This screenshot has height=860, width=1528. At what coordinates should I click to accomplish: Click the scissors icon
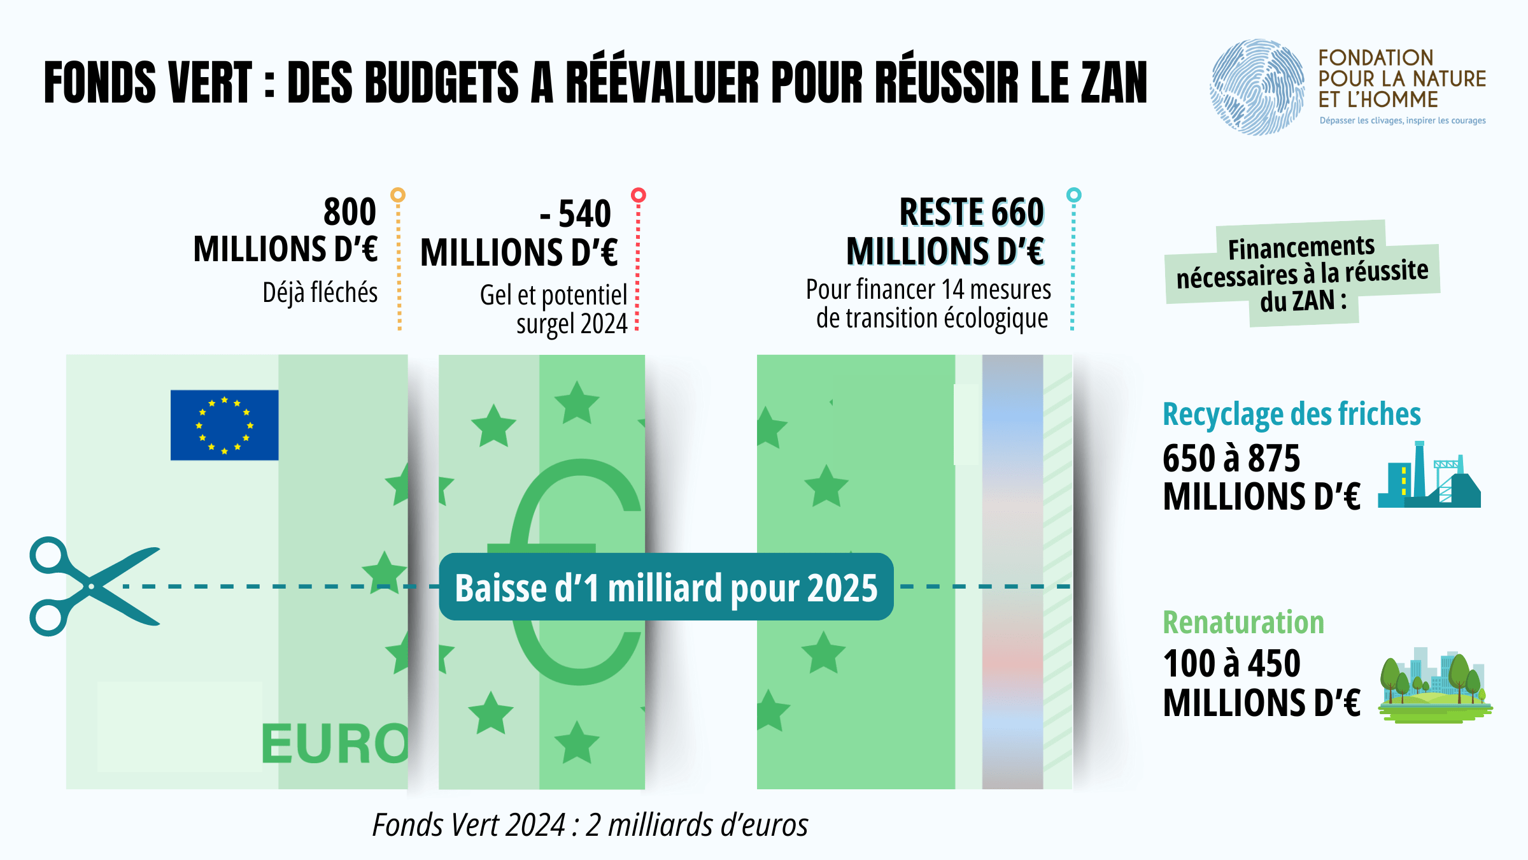tap(92, 586)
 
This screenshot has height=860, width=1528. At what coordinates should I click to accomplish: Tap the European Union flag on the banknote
tap(224, 425)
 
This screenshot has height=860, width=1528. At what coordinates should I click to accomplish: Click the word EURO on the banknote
tap(335, 744)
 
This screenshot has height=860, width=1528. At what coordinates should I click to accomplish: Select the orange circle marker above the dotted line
tap(398, 195)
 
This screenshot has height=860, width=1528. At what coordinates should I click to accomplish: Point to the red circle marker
tap(638, 195)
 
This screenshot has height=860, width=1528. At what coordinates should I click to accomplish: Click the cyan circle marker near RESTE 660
tap(1073, 195)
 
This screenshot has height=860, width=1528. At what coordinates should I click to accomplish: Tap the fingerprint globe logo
tap(1257, 87)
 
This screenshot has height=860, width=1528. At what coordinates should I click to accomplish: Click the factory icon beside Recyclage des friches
tap(1429, 477)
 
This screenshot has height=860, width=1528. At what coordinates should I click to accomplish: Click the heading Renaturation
tap(1243, 622)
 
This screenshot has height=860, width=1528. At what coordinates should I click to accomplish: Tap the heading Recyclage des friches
tap(1291, 414)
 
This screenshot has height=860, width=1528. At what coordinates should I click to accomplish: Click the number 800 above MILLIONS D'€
tap(350, 211)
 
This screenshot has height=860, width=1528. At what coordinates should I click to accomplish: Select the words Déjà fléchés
tap(320, 293)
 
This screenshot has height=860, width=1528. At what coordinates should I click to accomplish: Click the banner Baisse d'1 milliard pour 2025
tap(666, 587)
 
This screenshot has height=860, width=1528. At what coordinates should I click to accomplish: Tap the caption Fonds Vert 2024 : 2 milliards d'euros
tap(590, 825)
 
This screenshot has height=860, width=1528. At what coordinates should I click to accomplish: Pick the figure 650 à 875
tap(1231, 458)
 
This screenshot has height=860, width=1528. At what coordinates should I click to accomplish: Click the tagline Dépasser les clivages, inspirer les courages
tap(1403, 120)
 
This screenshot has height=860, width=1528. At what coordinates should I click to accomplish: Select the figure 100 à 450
tap(1231, 664)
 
